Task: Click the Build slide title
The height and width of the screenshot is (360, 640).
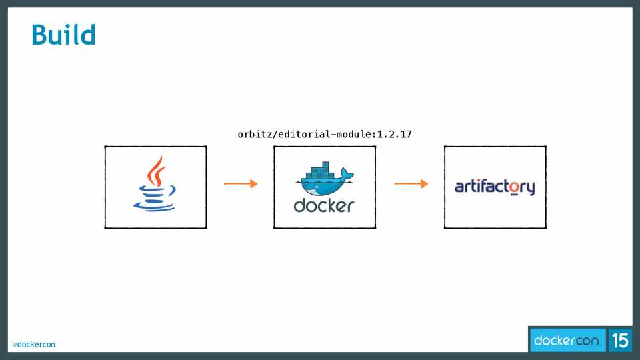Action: [64, 35]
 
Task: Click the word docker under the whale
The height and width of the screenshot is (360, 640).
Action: [324, 205]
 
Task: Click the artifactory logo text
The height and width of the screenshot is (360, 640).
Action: [495, 187]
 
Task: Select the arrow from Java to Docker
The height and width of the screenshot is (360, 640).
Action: [240, 184]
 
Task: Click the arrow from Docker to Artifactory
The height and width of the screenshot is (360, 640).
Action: [411, 184]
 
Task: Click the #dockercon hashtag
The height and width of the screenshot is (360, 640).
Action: [34, 344]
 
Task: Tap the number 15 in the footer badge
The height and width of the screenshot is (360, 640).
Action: [620, 341]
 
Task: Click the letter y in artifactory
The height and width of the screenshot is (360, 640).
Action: [529, 189]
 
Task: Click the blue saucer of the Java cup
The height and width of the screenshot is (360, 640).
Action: [156, 206]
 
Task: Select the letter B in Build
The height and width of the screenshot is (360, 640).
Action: [41, 35]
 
